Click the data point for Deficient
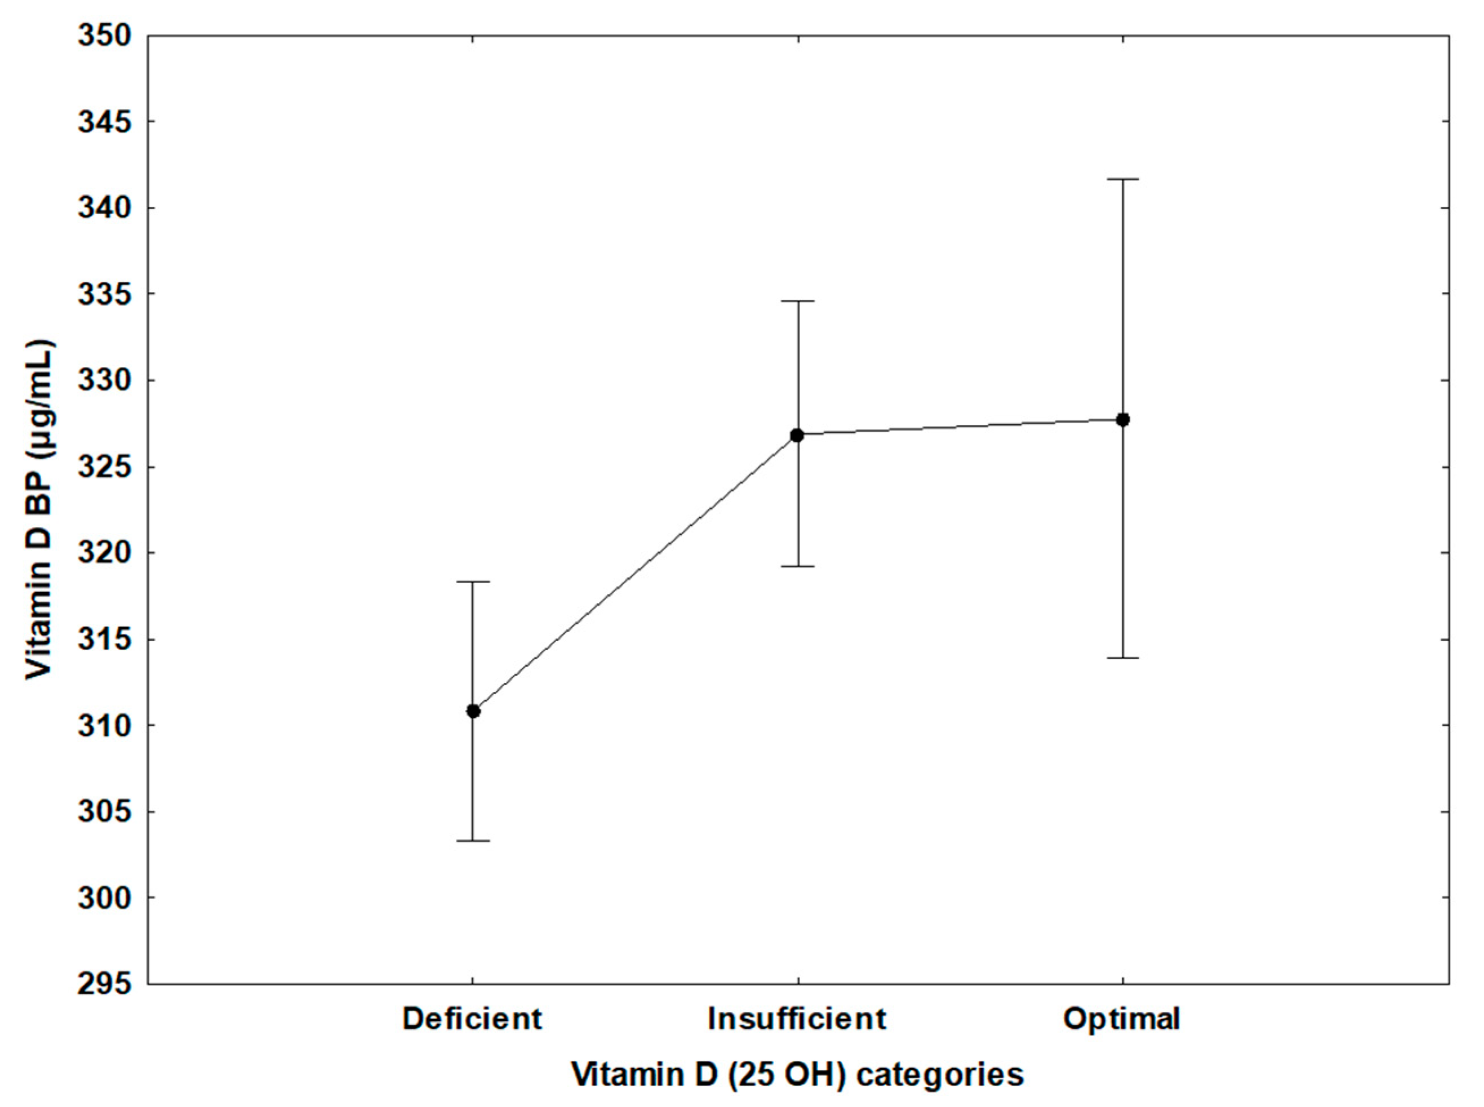(x=473, y=711)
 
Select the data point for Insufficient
(x=797, y=435)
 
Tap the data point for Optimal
(x=1123, y=420)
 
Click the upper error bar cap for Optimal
(x=1123, y=180)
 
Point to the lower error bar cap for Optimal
(x=1123, y=658)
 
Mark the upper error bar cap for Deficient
(x=473, y=582)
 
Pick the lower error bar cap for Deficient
(x=473, y=840)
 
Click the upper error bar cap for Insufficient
(x=797, y=302)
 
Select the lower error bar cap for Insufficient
(x=797, y=566)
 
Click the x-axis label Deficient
(x=472, y=1020)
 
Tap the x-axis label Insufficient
(x=797, y=1020)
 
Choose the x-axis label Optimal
(x=1122, y=1020)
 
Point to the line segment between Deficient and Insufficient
(x=635, y=573)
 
